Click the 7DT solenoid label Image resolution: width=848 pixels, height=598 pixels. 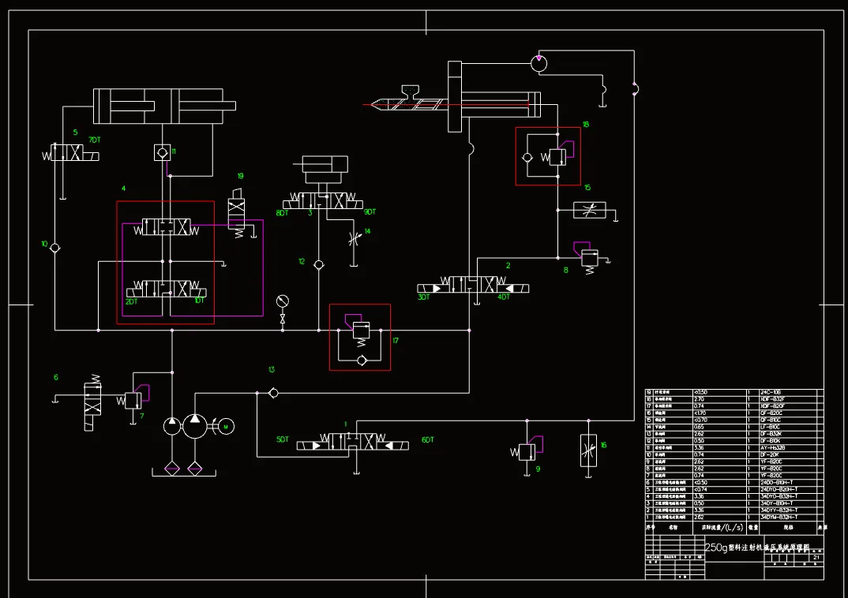95,140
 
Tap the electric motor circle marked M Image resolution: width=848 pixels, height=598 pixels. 226,426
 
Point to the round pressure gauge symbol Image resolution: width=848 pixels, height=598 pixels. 283,301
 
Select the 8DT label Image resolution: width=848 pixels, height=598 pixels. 282,213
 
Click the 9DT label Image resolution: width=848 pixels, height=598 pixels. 370,211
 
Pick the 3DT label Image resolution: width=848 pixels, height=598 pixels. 424,297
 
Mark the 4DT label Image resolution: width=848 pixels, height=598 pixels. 503,297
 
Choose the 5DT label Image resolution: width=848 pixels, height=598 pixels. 282,439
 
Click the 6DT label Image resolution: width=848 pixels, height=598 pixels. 428,439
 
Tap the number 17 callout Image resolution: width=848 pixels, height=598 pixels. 396,341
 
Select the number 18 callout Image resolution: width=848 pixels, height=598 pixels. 585,124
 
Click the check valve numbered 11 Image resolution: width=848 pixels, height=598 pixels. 162,151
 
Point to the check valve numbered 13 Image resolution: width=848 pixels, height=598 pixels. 272,392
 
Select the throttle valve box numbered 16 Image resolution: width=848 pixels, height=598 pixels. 588,450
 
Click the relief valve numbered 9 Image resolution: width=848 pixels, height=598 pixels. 527,452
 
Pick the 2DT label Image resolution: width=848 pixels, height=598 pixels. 132,301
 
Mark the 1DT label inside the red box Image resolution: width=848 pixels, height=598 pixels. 200,301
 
